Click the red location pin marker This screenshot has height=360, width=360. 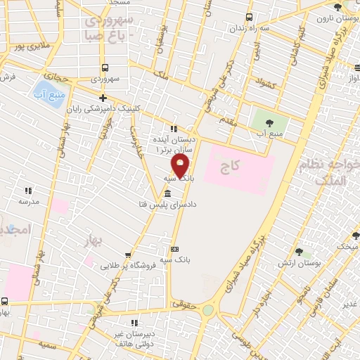pyautogui.click(x=181, y=167)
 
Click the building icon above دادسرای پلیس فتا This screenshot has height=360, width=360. pyautogui.click(x=167, y=193)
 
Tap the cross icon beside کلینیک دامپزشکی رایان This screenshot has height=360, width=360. pyautogui.click(x=103, y=98)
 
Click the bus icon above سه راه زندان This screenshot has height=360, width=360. pyautogui.click(x=248, y=18)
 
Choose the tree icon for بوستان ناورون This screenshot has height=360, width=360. pyautogui.click(x=337, y=7)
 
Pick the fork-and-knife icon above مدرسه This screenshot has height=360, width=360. pyautogui.click(x=29, y=190)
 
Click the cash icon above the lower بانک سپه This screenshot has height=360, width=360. pyautogui.click(x=174, y=249)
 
